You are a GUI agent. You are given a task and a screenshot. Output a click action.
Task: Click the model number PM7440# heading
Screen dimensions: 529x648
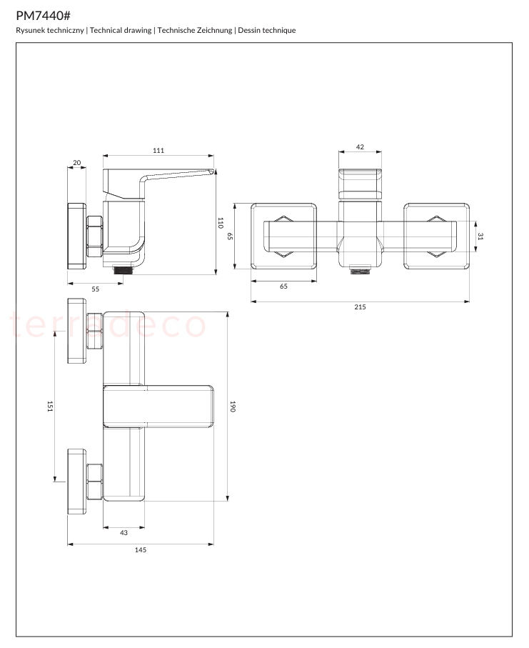pos(44,16)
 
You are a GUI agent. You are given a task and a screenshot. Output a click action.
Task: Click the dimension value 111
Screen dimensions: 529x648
pos(158,151)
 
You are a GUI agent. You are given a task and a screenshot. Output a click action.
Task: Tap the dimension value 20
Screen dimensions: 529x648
pos(77,162)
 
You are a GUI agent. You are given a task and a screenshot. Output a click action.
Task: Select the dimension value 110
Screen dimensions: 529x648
pos(220,223)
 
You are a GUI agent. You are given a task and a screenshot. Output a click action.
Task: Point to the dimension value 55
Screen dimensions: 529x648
pos(96,289)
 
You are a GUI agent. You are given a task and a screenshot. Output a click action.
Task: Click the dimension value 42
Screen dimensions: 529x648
pos(360,146)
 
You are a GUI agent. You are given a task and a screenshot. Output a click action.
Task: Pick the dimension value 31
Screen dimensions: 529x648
pos(480,236)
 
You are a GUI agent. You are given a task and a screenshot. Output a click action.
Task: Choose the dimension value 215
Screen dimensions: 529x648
pos(360,307)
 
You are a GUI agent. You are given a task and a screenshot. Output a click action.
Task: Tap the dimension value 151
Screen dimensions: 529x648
pos(50,407)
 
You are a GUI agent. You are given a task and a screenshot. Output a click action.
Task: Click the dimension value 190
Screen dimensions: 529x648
pos(233,407)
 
